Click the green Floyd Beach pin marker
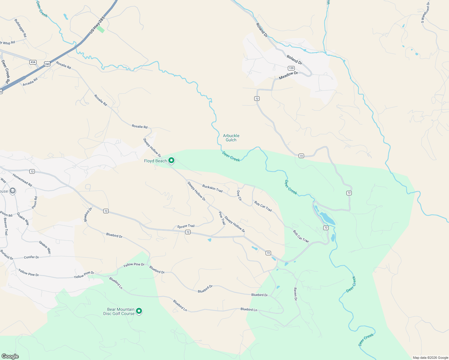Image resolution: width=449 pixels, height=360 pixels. click(x=171, y=160)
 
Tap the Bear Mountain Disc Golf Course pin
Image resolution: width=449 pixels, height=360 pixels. click(x=139, y=311)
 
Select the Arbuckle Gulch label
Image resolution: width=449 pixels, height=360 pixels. click(x=231, y=138)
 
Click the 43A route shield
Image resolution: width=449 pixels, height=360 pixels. click(x=33, y=62)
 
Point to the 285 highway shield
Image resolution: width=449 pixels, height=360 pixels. click(x=47, y=64)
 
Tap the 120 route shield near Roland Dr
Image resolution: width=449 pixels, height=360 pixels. click(x=291, y=68)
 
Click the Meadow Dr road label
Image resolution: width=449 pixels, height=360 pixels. click(x=288, y=75)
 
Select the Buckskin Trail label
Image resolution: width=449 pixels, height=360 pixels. click(x=212, y=188)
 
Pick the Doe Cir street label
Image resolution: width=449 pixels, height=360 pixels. click(x=239, y=195)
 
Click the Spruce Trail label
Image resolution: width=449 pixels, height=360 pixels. click(x=186, y=226)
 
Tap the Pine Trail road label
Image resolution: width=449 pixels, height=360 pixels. click(x=222, y=218)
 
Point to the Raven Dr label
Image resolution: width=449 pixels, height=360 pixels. click(x=295, y=294)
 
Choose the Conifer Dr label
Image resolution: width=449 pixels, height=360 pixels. click(x=31, y=257)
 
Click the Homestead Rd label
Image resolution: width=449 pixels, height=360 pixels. click(x=22, y=180)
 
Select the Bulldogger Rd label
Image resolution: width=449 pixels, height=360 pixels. click(x=20, y=28)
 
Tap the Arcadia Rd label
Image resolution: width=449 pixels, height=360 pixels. click(x=30, y=82)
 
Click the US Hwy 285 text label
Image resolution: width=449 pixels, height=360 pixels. click(x=97, y=25)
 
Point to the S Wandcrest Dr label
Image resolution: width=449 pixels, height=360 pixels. click(x=425, y=12)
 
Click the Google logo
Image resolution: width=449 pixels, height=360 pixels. click(x=10, y=356)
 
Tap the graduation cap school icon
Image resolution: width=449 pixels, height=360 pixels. click(x=12, y=191)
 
